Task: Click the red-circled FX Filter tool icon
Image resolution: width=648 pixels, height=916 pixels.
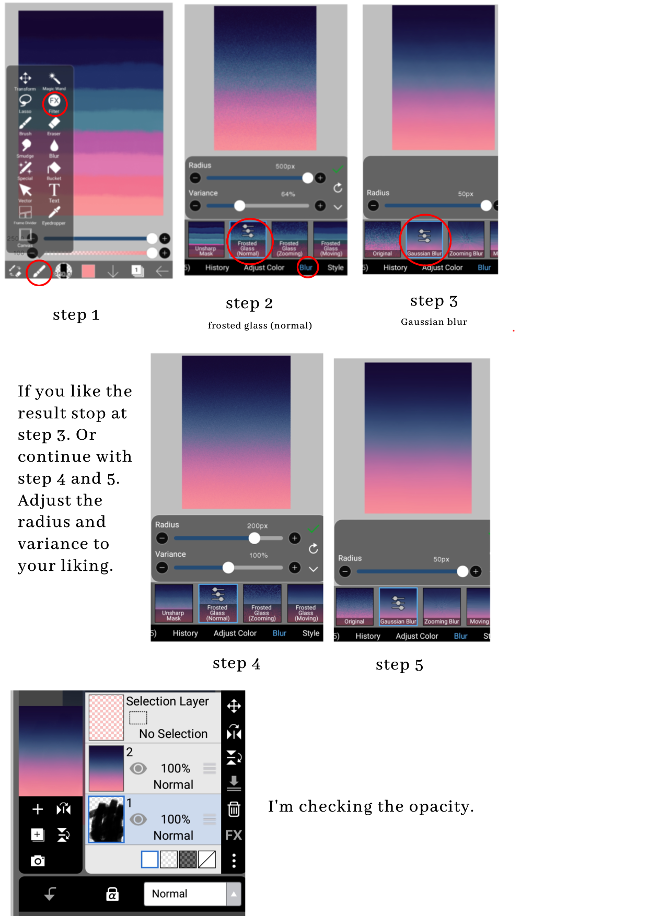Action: coord(54,101)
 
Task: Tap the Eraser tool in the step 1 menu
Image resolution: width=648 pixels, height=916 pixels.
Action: coord(54,124)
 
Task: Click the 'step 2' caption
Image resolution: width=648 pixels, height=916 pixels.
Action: coord(249,303)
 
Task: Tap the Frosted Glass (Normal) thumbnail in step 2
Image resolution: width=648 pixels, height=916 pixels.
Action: coord(248,239)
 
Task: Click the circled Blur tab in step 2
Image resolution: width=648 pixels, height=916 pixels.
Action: coord(306,267)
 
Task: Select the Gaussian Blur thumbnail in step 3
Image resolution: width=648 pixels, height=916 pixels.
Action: coord(424,240)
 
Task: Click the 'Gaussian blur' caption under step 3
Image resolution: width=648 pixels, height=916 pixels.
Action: coord(434,322)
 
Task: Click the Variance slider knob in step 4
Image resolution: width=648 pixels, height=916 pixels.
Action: coord(228,568)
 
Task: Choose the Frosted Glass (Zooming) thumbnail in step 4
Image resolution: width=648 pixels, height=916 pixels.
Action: coord(262,603)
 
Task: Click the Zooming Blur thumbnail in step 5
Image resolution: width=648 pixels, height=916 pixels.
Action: coord(442,607)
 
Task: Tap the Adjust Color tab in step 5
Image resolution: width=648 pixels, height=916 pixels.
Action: coord(416,636)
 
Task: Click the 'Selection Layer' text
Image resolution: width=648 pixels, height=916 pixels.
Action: coord(167,701)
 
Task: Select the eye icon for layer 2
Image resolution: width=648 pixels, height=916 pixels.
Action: coord(138,768)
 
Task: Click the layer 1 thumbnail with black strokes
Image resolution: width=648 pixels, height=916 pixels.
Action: coord(107,819)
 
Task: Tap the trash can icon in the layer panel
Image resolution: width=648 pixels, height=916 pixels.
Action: coord(234,809)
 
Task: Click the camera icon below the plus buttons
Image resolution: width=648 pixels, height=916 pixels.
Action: coord(38,861)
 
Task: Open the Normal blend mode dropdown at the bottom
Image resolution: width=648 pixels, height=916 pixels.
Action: coord(192,894)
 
